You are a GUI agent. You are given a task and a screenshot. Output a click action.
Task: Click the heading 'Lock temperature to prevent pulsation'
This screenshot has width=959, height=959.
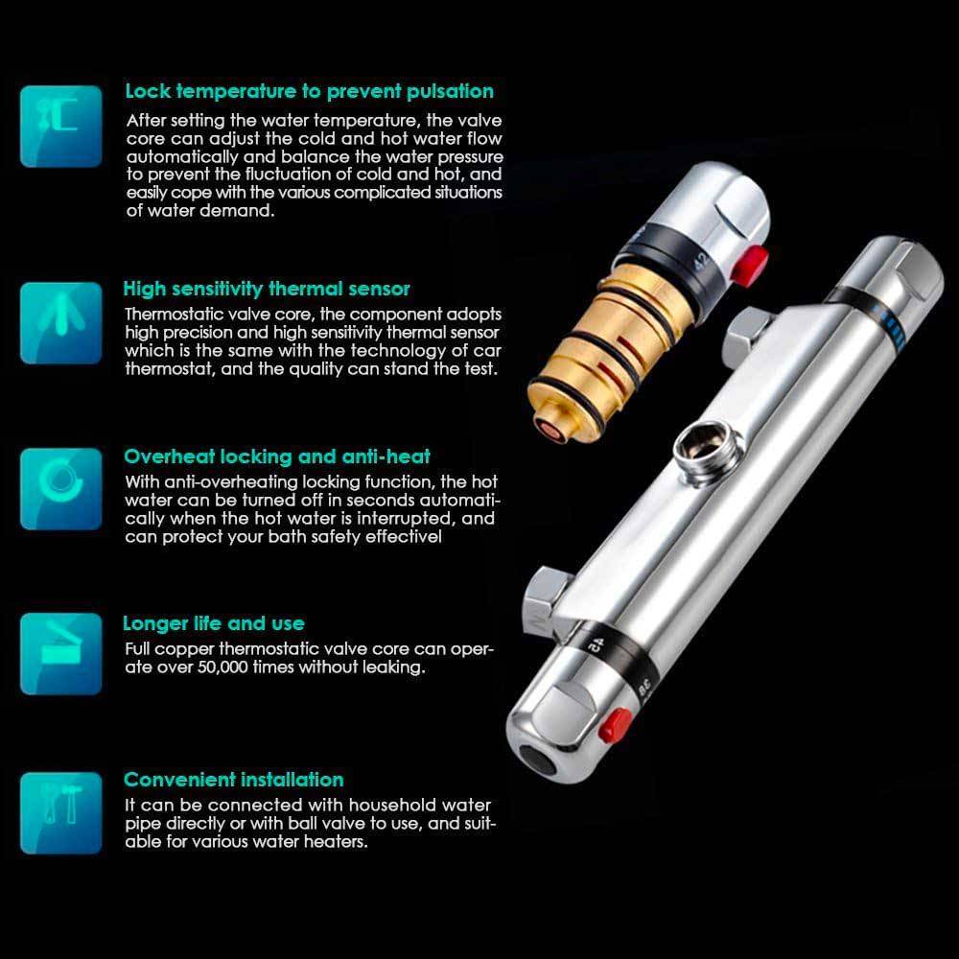pos(309,91)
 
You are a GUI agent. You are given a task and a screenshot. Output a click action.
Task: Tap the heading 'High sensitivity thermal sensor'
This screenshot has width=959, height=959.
pos(267,289)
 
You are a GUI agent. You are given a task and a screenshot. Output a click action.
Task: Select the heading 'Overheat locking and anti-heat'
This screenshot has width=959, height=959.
pos(277,456)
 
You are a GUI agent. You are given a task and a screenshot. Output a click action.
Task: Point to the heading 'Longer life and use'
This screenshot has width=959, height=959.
pos(214,623)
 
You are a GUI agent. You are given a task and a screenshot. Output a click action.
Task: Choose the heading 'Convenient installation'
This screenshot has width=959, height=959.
pos(234,780)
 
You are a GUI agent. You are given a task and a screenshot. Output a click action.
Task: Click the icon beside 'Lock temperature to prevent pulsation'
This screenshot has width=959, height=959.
pos(61,127)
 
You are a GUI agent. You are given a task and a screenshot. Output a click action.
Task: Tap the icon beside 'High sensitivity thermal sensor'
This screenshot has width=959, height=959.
pos(61,323)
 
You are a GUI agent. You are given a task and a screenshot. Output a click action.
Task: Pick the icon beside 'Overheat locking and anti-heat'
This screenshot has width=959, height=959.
pos(61,489)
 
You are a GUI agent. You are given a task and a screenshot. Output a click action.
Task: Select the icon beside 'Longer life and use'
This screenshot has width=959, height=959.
pos(61,654)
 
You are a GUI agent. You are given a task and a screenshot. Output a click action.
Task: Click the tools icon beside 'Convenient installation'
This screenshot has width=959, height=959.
pos(61,813)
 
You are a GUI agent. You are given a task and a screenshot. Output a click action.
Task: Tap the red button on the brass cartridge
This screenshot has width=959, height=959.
pos(751,265)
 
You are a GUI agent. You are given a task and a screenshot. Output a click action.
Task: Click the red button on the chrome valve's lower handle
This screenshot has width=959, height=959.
pos(616,725)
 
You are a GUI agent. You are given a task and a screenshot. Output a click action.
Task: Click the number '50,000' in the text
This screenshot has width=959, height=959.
pos(222,667)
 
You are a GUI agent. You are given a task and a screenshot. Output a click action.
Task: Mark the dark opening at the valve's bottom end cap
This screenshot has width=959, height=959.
pos(537,760)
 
